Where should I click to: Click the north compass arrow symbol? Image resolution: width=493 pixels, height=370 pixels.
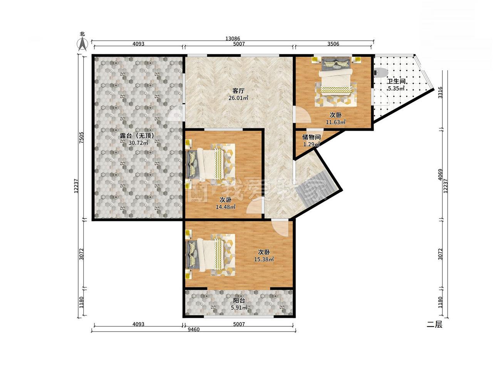click(x=82, y=44)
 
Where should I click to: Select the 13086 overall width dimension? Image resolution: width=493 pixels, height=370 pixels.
click(x=233, y=39)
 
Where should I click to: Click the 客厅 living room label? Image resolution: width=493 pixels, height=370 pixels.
click(x=238, y=91)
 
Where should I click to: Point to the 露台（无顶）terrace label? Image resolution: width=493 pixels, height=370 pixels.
click(x=137, y=136)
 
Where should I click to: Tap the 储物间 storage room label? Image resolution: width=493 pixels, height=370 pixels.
click(x=311, y=137)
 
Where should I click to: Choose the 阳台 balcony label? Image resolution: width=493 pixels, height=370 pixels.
click(x=239, y=301)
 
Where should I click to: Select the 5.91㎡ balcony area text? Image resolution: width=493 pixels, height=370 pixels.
click(x=239, y=308)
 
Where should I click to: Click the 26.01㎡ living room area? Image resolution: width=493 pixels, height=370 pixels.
click(x=238, y=98)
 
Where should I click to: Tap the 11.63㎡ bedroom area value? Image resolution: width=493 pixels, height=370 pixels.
click(x=336, y=122)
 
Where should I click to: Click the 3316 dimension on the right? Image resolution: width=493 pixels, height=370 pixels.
click(x=440, y=92)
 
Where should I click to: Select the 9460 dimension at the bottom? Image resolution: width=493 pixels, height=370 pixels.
click(x=194, y=329)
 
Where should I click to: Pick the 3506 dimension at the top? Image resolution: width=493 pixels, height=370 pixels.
click(x=333, y=44)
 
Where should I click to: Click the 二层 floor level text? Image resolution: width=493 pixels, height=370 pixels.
click(x=434, y=324)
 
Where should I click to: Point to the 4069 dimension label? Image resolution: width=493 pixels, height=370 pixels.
click(x=440, y=175)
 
